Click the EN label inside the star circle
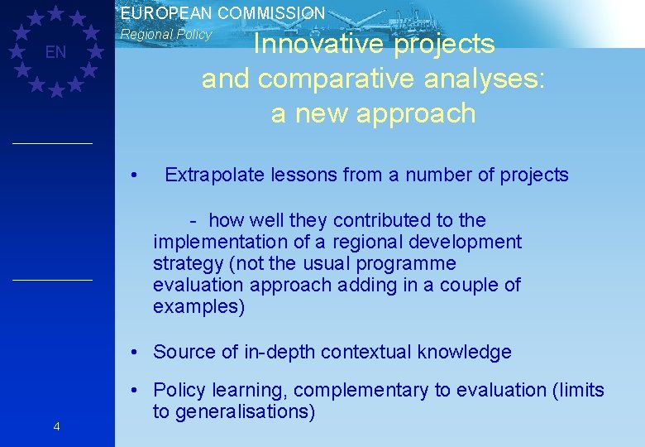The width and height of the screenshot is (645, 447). (55, 53)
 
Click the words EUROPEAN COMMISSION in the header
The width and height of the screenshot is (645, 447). (222, 13)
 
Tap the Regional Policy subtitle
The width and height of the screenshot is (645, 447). (166, 35)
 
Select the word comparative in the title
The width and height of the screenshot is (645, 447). (326, 79)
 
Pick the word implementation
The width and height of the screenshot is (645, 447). (216, 242)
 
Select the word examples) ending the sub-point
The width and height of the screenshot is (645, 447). (198, 307)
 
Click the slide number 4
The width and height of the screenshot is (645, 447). (55, 426)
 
